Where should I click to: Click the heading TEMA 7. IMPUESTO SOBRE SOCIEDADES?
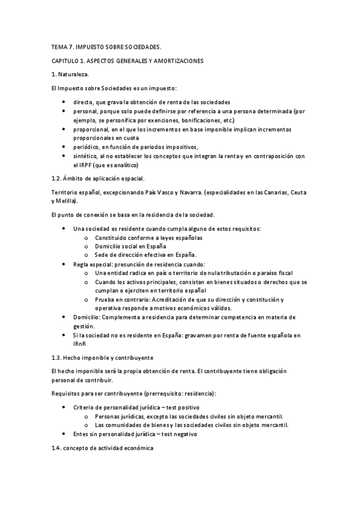click(106, 46)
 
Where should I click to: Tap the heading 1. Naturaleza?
click(70, 74)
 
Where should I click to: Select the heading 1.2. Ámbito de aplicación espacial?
click(98, 178)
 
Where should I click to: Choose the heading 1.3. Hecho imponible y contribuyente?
click(103, 356)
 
